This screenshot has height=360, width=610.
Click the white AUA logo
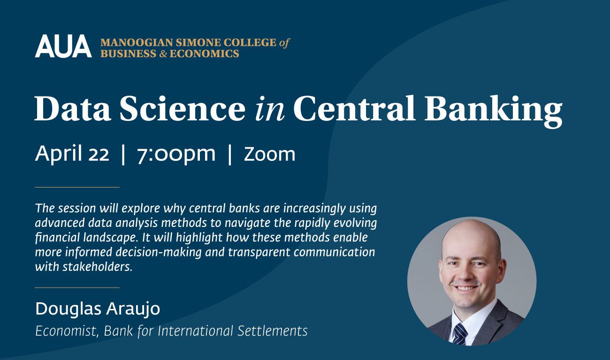[x=63, y=46]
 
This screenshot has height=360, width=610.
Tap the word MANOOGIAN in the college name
[x=137, y=43]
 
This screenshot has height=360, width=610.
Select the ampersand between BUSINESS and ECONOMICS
[x=163, y=53]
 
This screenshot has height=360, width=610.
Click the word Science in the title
[x=183, y=108]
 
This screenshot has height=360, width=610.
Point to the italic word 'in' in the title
[x=270, y=108]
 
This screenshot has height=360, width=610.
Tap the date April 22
[x=72, y=154]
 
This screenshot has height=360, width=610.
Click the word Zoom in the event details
[x=269, y=154]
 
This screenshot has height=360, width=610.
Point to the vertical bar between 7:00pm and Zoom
[x=229, y=155]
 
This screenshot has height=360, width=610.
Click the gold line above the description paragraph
[x=77, y=187]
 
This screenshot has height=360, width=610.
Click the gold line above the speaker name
[x=77, y=287]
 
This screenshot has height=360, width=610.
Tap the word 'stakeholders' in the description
[x=97, y=267]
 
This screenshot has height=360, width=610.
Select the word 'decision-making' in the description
[x=159, y=253]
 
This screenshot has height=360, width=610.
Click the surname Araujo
[x=133, y=309]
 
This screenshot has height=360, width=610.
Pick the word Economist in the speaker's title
[x=67, y=331]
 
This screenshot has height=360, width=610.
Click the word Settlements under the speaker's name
[x=273, y=331]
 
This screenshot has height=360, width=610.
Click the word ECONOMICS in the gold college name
[x=204, y=53]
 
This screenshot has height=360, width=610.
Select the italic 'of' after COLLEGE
[x=284, y=43]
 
